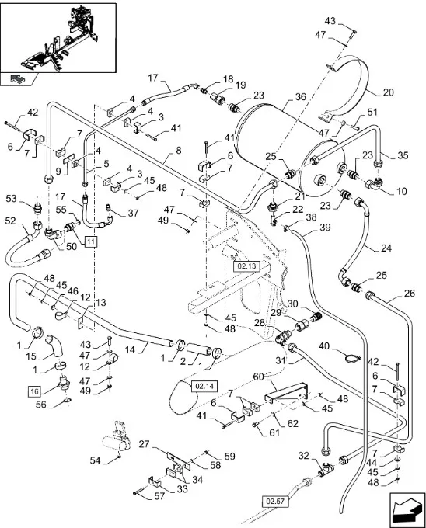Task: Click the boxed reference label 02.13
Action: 246,266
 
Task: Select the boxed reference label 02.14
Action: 204,386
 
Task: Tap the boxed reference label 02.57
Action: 275,501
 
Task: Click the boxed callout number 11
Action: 91,241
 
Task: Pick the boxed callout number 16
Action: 35,391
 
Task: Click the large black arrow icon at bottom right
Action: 407,509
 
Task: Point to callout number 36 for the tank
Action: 300,97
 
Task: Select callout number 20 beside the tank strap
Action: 388,92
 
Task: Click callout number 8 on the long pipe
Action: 178,151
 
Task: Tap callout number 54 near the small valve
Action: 95,460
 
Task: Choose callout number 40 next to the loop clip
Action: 324,346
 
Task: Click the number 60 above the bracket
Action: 258,377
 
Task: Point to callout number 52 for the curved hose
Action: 10,221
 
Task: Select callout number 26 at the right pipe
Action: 410,294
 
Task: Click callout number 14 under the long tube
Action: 130,350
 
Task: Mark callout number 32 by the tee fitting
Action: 303,456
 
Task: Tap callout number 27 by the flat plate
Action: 144,444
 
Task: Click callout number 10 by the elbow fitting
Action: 401,191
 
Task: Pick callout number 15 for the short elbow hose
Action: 30,356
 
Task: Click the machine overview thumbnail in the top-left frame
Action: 58,38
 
